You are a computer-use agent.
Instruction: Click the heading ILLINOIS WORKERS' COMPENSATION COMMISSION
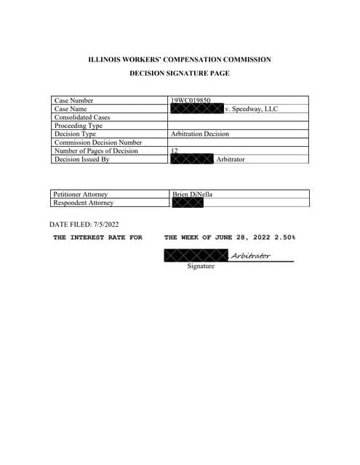180,59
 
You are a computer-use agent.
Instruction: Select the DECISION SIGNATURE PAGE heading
180,73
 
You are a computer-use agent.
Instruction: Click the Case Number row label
74,100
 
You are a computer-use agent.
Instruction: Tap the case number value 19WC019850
191,100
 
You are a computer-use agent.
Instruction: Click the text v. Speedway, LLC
252,109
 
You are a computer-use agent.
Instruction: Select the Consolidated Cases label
82,117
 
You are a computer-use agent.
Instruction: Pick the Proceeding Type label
79,126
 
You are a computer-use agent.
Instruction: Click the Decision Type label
75,134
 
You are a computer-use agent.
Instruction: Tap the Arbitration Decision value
200,134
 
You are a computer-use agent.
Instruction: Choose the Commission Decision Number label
98,142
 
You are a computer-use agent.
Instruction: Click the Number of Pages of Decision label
96,151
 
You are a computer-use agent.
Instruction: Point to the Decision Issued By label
81,159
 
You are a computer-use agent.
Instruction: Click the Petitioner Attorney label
81,194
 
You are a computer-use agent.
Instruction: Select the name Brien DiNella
193,194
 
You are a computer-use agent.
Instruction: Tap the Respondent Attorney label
84,203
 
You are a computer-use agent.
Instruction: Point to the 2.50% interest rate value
284,238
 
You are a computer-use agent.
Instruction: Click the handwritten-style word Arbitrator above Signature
250,255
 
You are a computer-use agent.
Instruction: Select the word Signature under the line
201,267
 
